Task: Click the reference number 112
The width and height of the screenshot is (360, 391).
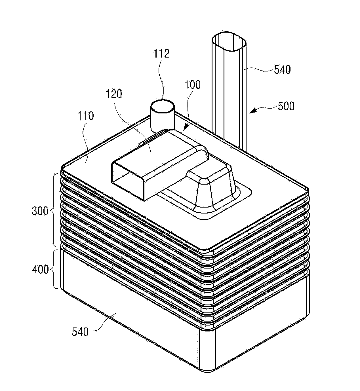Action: pyautogui.click(x=161, y=54)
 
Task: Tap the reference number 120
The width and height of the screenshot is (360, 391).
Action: pyautogui.click(x=114, y=94)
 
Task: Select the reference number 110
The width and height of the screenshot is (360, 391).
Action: pyautogui.click(x=86, y=116)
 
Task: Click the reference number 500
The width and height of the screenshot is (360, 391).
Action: pyautogui.click(x=286, y=106)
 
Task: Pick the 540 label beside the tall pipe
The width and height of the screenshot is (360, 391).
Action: pyautogui.click(x=282, y=69)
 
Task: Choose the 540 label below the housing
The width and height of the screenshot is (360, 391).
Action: pyautogui.click(x=80, y=332)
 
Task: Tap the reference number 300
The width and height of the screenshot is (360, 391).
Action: pyautogui.click(x=40, y=211)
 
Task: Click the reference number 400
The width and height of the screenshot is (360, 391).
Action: pyautogui.click(x=40, y=270)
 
